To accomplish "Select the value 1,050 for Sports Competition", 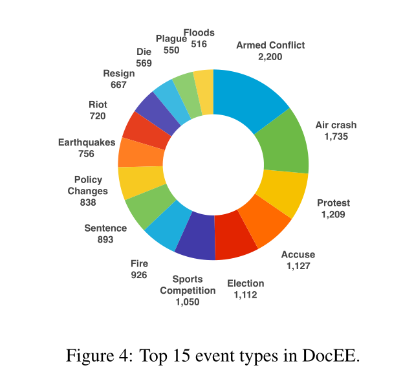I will coord(188,302).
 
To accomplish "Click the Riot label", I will coord(98,104).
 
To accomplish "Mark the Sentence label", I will coord(105,228).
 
